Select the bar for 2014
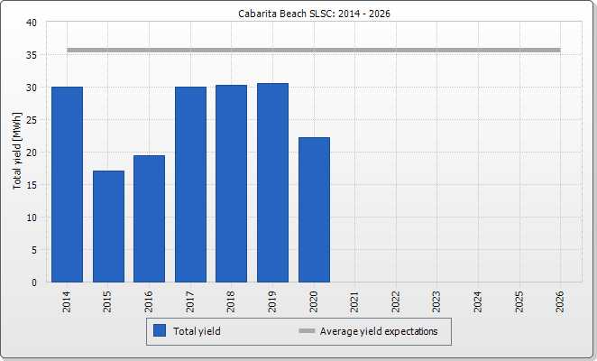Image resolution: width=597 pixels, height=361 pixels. point(67,184)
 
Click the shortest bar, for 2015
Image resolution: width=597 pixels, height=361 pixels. point(108,227)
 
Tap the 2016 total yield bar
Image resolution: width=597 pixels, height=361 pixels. point(150,218)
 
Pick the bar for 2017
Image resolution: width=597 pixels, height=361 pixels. point(191,184)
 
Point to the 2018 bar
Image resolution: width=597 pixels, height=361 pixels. point(231,184)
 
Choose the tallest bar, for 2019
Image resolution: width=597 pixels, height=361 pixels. point(272,183)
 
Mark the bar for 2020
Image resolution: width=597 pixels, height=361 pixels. point(314,210)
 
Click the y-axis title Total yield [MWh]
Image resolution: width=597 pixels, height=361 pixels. point(17,151)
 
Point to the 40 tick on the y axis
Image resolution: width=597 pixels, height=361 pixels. point(32,23)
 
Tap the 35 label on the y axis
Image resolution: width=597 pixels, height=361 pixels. point(32,55)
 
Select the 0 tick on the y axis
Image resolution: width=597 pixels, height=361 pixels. point(34,282)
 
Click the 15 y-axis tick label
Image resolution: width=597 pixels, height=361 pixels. point(32,185)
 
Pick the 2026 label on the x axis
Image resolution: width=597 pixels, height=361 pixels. point(560,302)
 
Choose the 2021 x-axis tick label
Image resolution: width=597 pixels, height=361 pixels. point(354,302)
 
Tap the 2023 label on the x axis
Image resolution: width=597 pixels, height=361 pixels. point(436,302)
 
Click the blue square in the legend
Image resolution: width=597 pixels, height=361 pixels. point(160,330)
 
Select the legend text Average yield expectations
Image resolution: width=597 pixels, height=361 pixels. point(379,331)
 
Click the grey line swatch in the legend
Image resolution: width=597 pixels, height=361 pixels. point(307,331)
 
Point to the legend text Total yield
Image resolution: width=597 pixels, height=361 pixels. point(197,331)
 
